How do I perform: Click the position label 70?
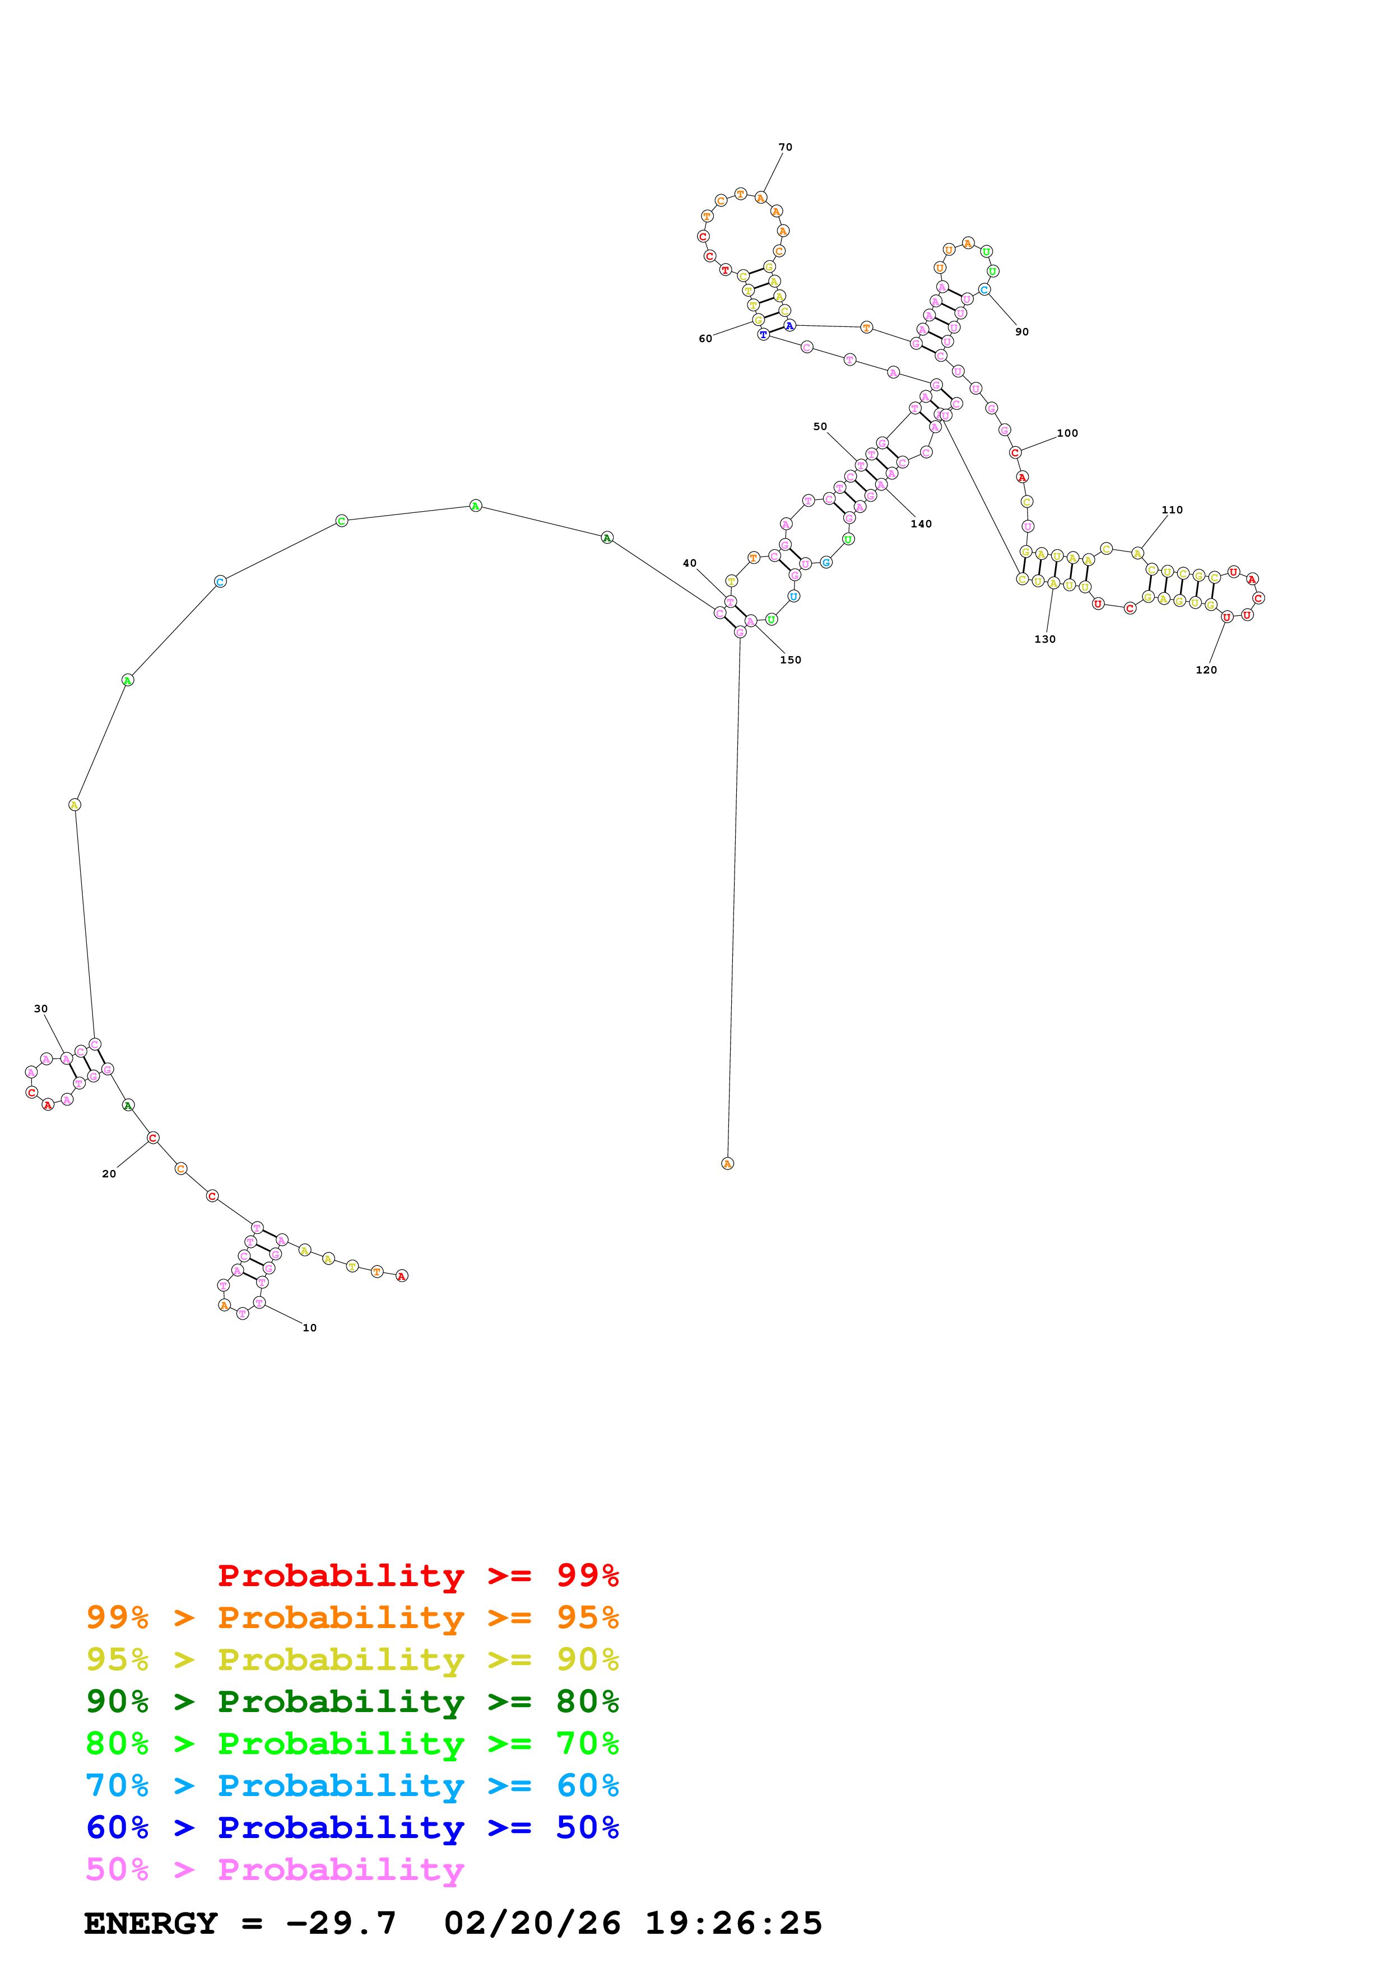point(785,147)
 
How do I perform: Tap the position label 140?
point(921,523)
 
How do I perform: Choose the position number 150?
point(790,660)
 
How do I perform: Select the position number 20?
point(109,1173)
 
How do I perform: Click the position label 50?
point(820,426)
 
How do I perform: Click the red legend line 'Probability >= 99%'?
point(417,1575)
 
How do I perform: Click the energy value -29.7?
point(341,1923)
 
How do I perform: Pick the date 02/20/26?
point(532,1923)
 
